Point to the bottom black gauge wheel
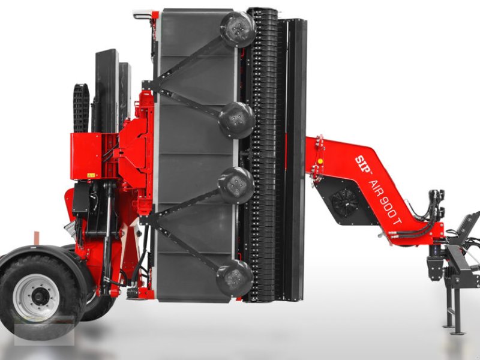pyautogui.click(x=235, y=277)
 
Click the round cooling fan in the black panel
pyautogui.click(x=346, y=202)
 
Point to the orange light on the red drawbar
pyautogui.click(x=320, y=161)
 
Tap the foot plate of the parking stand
pyautogui.click(x=458, y=331)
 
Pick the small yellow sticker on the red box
pyautogui.click(x=91, y=175)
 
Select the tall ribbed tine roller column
pyautogui.click(x=262, y=156)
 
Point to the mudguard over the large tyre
pyautogui.click(x=45, y=252)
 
